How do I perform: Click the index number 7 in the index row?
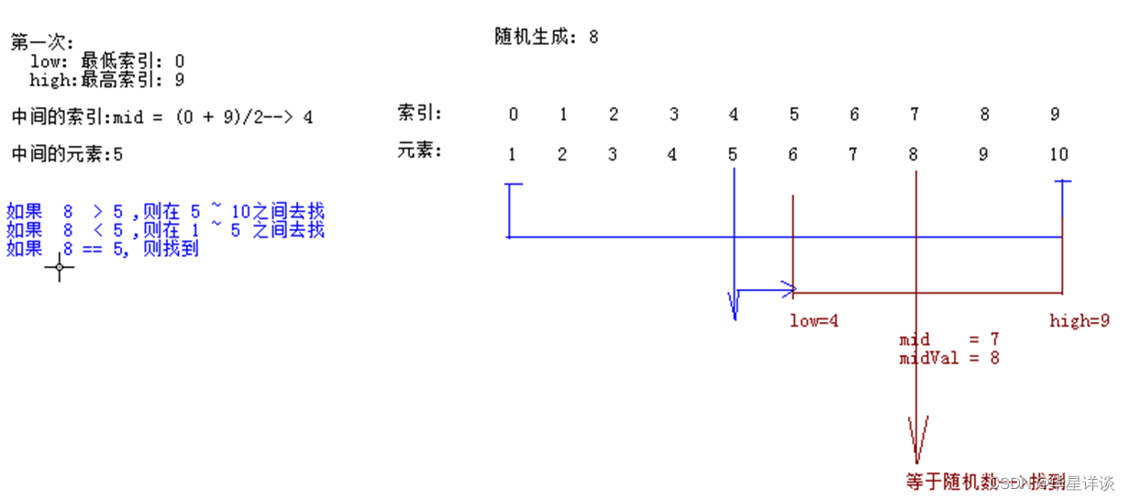[913, 115]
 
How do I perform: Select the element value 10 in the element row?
[1059, 154]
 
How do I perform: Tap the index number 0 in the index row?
[513, 115]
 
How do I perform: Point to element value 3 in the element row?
[612, 154]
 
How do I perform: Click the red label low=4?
[814, 321]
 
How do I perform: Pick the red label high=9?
[1079, 321]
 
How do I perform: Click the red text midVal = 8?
[948, 358]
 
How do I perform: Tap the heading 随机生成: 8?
[546, 38]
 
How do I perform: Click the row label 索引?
[419, 114]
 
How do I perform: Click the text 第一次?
[42, 42]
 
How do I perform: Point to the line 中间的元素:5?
[67, 154]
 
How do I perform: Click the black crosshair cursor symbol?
[60, 268]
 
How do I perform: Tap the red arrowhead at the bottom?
[916, 440]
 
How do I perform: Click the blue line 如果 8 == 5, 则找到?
[103, 249]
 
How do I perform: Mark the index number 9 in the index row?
[1055, 115]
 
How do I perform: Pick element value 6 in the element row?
[792, 154]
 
